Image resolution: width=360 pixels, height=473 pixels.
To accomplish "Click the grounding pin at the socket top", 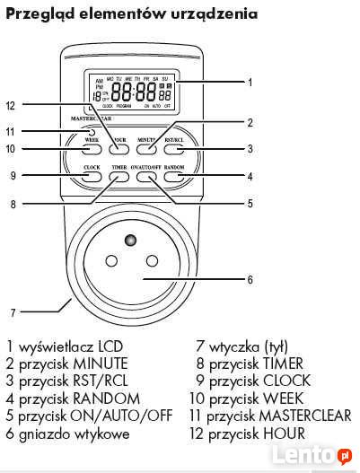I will click(x=132, y=241).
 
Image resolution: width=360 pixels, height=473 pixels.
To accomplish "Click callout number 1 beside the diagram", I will click(x=250, y=82).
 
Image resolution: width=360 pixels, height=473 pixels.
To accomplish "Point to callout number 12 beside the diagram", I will click(x=11, y=105).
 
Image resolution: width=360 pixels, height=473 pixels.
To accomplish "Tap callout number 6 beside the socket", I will click(x=250, y=280).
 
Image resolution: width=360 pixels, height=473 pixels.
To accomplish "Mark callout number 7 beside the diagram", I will click(x=13, y=314).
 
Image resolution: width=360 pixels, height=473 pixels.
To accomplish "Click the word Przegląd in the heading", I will click(x=37, y=14).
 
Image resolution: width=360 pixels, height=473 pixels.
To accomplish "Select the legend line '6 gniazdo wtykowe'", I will click(x=68, y=434).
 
